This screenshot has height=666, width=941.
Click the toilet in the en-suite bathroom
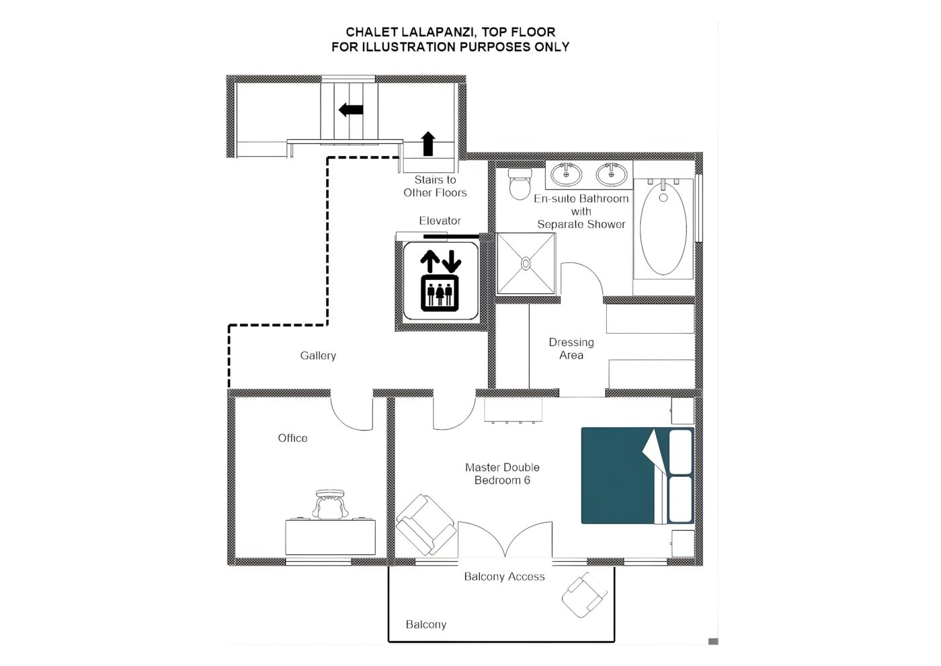pyautogui.click(x=520, y=184)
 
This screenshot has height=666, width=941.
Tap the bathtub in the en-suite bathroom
pyautogui.click(x=663, y=229)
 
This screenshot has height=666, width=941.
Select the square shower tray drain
pyautogui.click(x=526, y=264)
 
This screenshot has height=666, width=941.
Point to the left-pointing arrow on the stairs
pyautogui.click(x=351, y=110)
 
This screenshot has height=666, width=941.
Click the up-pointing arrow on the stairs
pyautogui.click(x=428, y=143)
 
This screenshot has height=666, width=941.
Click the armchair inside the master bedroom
pyautogui.click(x=426, y=525)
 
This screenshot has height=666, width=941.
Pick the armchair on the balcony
pyautogui.click(x=584, y=595)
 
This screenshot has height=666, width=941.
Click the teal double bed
pyautogui.click(x=637, y=476)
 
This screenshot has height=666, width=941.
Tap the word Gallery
pyautogui.click(x=318, y=356)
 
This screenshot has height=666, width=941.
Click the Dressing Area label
pyautogui.click(x=571, y=348)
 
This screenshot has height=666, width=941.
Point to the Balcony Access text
pyautogui.click(x=504, y=577)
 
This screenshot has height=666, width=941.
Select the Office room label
pyautogui.click(x=293, y=438)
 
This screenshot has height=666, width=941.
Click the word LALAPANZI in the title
pyautogui.click(x=434, y=32)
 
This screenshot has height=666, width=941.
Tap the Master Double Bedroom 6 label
pyautogui.click(x=503, y=474)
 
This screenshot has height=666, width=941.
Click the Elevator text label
pyautogui.click(x=440, y=221)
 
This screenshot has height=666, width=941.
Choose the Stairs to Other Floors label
pyautogui.click(x=436, y=186)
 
